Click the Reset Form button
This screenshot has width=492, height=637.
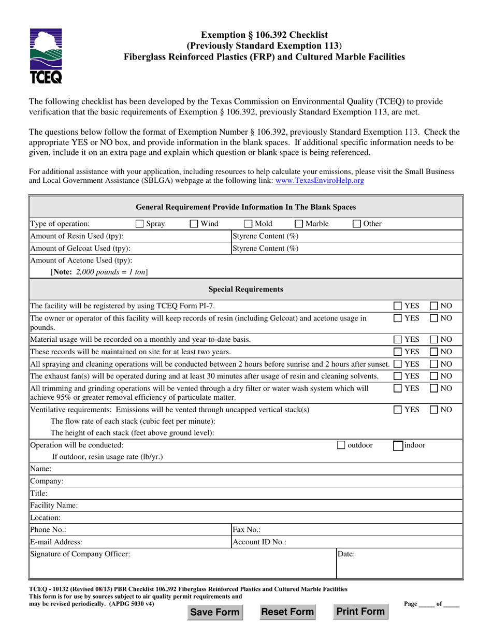[x=287, y=612]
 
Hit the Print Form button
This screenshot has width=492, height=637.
[x=360, y=612]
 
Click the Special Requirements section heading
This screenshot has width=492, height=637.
[x=245, y=288]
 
